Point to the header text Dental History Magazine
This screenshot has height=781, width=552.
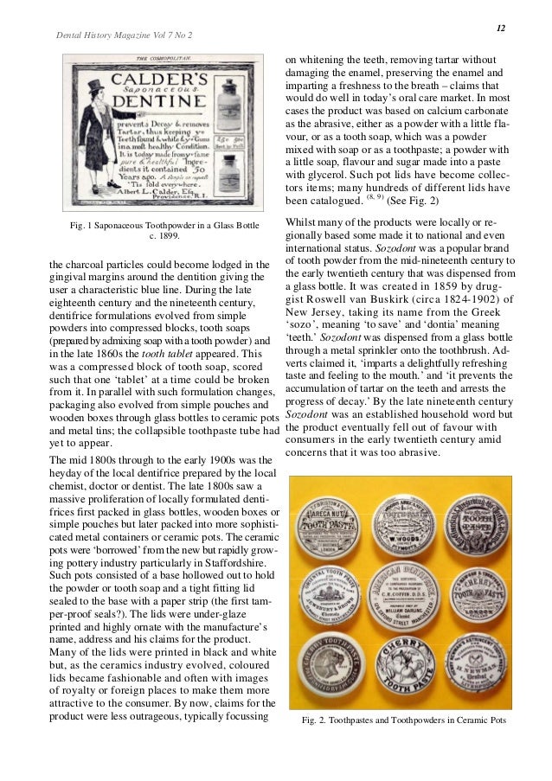pyautogui.click(x=105, y=35)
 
